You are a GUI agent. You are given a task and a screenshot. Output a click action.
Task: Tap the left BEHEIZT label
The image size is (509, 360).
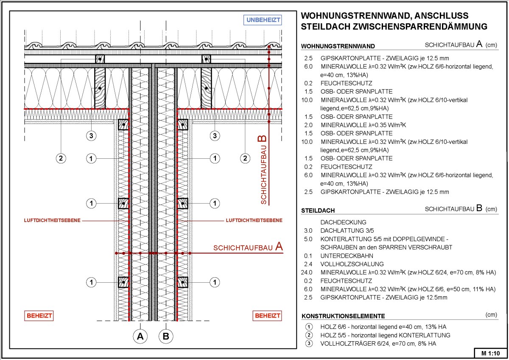(39, 316)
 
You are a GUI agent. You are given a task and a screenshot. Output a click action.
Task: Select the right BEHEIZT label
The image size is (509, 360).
(267, 316)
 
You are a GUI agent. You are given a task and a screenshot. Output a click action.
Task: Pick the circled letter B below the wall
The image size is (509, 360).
(166, 337)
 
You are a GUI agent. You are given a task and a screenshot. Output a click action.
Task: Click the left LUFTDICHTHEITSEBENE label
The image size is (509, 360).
(53, 220)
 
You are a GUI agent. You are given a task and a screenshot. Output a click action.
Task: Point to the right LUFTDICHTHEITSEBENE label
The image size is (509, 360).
(254, 220)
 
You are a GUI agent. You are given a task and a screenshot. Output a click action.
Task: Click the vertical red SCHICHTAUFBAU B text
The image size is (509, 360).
(263, 170)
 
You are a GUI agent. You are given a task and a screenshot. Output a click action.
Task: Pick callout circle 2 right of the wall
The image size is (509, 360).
(245, 158)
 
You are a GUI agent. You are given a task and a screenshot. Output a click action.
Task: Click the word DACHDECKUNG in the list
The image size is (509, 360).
(343, 222)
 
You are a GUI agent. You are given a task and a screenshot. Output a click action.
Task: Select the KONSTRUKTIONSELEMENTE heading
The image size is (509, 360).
(343, 316)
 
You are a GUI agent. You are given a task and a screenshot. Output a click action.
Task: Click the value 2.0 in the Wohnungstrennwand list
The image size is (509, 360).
(308, 125)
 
